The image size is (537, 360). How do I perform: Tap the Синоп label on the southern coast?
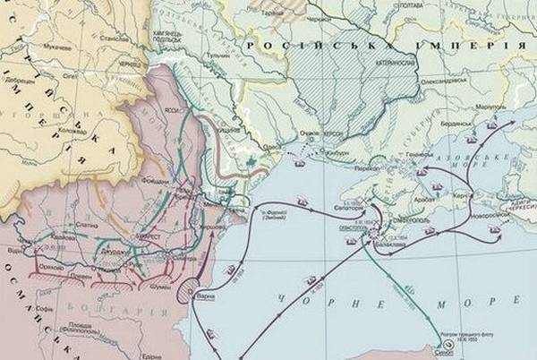tap(455, 353)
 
